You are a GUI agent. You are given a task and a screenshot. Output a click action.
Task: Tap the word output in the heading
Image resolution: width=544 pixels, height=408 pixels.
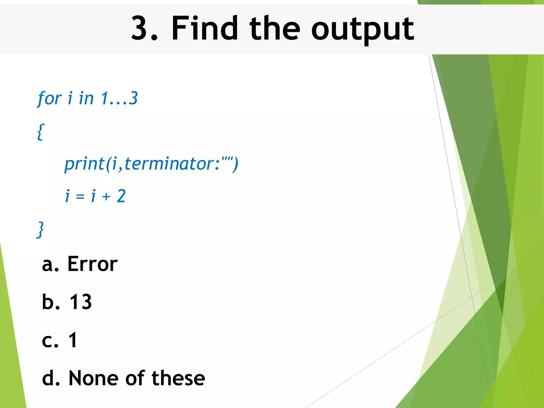coord(362,29)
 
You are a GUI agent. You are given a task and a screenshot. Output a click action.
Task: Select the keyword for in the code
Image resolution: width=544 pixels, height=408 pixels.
coord(50,99)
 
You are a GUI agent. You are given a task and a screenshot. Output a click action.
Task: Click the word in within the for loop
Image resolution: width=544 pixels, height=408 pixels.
coord(86,98)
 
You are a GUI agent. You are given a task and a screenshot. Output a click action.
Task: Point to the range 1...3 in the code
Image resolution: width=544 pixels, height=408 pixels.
coord(119,98)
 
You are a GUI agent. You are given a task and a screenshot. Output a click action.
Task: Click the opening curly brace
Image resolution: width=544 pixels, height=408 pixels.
coord(41,131)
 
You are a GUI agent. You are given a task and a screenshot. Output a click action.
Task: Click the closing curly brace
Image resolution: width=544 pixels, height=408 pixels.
coord(40,230)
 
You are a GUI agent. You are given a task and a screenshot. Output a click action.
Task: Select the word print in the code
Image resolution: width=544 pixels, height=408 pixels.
coord(85,164)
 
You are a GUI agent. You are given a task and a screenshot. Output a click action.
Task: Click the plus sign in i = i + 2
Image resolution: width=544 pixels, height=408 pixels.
coord(106,197)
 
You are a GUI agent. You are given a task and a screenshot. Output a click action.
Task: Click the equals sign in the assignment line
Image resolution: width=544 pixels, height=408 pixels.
coord(80,197)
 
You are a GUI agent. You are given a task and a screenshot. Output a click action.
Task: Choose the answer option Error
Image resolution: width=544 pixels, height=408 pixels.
coord(92,264)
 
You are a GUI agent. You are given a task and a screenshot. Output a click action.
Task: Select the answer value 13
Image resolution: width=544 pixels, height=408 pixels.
coord(81,302)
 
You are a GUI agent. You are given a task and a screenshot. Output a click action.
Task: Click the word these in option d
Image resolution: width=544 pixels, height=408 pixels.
coord(178,378)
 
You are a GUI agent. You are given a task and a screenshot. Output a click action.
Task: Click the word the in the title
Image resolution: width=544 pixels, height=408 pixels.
coord(275,28)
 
